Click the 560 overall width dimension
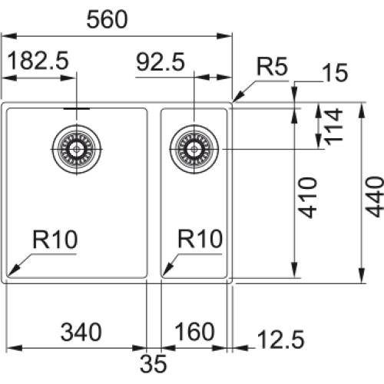click(107, 19)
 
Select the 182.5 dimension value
click(38, 61)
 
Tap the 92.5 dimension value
click(161, 61)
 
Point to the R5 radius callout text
click(272, 66)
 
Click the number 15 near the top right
click(335, 72)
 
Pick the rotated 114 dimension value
click(333, 127)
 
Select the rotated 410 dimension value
click(308, 197)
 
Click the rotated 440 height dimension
click(374, 197)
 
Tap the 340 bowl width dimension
click(81, 332)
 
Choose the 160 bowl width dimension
click(194, 332)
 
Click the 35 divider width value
click(153, 363)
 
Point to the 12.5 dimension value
click(280, 339)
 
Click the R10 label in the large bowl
click(55, 240)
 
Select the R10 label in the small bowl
click(200, 239)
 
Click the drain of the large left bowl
click(76, 149)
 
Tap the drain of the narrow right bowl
click(194, 149)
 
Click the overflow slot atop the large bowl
click(77, 109)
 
